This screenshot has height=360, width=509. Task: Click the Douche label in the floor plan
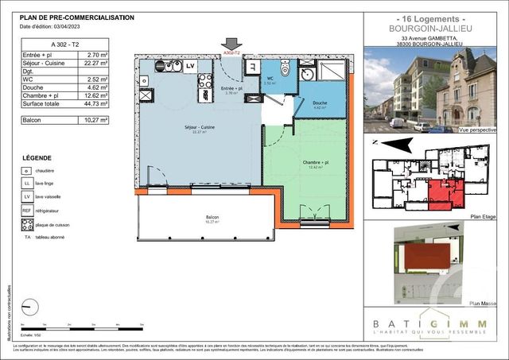[x=320, y=103]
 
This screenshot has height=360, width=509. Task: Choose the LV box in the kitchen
[x=190, y=67]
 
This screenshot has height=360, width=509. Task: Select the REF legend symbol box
[x=27, y=211]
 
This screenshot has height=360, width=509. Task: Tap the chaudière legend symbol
[x=27, y=170]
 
